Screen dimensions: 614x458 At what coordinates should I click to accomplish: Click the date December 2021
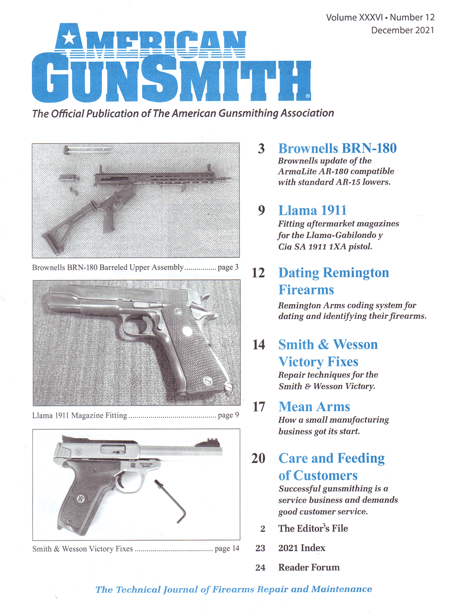402,30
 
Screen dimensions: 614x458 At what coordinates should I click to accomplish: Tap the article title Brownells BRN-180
337,148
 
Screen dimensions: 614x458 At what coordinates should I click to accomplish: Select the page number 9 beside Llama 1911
261,210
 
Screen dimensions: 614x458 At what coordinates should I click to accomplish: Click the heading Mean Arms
314,406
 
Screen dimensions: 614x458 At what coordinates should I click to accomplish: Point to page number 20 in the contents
258,458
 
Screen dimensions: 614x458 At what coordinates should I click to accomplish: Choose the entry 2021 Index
301,548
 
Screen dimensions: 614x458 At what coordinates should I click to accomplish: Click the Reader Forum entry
309,567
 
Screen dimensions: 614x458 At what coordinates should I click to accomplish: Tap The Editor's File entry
313,528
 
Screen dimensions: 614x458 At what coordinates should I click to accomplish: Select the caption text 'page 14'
227,548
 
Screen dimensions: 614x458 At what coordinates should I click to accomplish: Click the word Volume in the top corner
341,17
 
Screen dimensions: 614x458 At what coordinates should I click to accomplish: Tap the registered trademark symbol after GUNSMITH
308,96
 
